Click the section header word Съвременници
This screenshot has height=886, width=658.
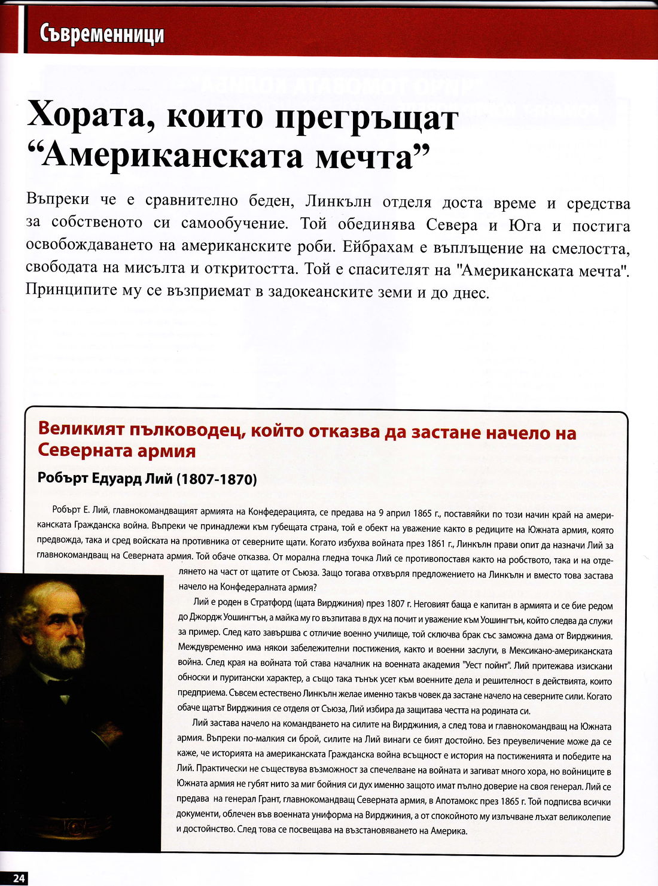coord(102,34)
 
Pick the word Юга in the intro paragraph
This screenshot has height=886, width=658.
coord(525,226)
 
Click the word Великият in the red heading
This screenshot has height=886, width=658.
coord(79,430)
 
